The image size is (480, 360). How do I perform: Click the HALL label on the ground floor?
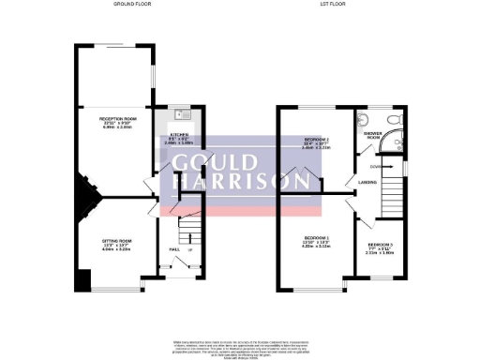174,249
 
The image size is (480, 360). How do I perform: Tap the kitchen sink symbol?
183,114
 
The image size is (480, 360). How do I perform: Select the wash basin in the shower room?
363,119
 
